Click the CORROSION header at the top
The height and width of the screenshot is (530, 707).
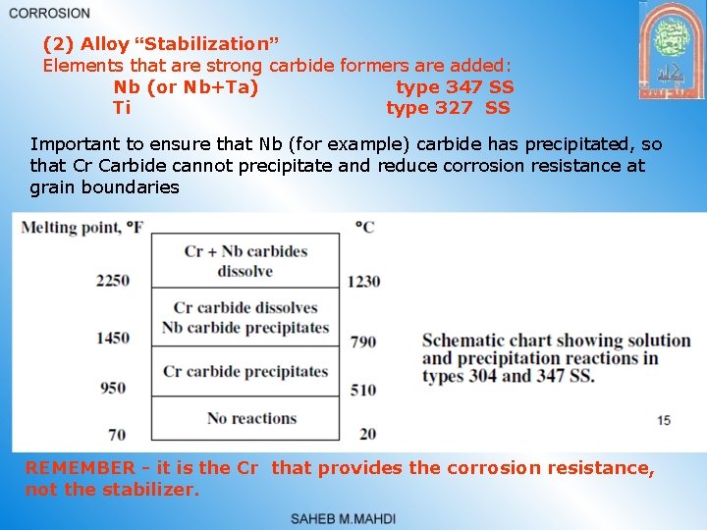pos(49,13)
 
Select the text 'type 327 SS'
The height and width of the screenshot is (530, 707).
pos(449,107)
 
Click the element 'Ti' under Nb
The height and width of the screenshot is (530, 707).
pos(122,107)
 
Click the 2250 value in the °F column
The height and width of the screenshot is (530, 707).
pos(113,281)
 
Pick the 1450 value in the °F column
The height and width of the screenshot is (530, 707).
pos(113,339)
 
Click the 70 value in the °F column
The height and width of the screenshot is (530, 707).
pos(117,434)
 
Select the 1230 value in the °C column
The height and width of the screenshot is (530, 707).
pos(363,281)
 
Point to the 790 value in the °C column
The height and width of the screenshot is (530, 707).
pos(363,342)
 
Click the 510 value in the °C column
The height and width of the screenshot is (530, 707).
pos(363,390)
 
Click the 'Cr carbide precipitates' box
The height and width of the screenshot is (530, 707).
pos(245,372)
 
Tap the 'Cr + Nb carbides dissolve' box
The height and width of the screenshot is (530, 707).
pos(245,260)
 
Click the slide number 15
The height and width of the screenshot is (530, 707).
pos(664,420)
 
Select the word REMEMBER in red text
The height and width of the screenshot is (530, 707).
pos(80,468)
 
